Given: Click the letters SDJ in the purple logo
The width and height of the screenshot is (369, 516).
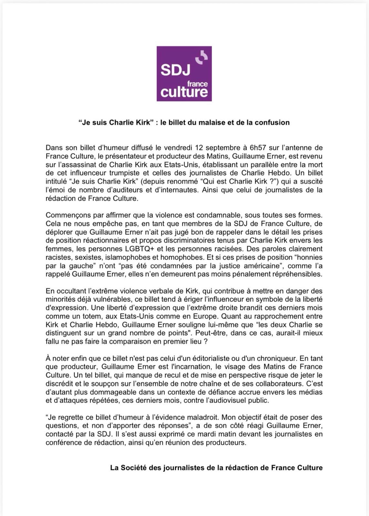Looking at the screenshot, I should tap(175, 70).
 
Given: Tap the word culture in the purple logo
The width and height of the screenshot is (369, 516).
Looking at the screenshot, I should tap(184, 92).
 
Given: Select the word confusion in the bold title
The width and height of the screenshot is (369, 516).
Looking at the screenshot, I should tap(272, 123).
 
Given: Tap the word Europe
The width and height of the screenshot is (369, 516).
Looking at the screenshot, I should tap(206, 316).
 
